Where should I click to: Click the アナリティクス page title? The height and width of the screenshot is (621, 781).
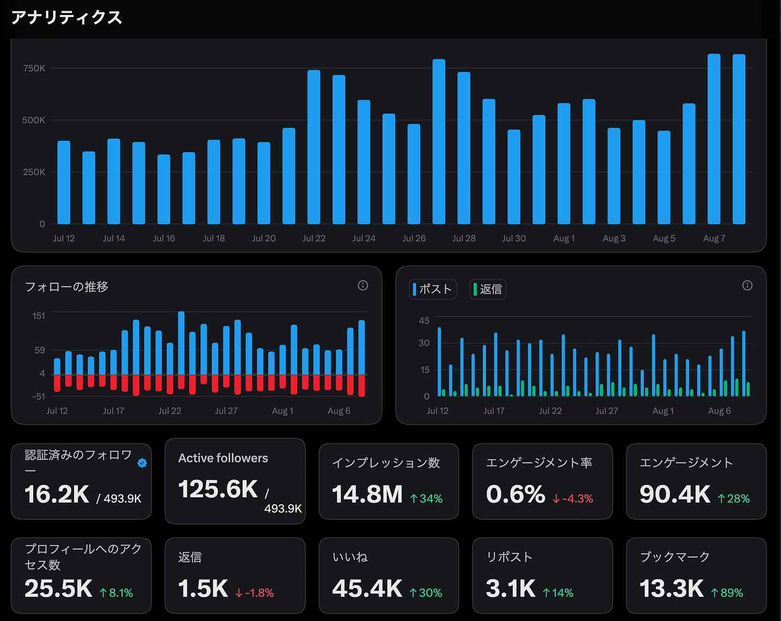click(x=67, y=17)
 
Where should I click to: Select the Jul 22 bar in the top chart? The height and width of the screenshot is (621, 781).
click(x=314, y=147)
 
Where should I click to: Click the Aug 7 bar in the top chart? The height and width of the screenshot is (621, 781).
click(x=714, y=139)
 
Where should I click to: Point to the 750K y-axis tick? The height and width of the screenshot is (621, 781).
click(x=34, y=68)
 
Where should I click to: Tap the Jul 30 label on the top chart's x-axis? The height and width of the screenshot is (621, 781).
click(x=514, y=238)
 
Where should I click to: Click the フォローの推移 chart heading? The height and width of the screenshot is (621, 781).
click(x=67, y=287)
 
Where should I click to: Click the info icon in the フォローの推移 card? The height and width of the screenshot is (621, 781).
click(x=363, y=286)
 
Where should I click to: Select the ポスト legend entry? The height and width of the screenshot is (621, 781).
click(x=432, y=289)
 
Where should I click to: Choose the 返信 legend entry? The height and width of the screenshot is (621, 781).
click(x=488, y=289)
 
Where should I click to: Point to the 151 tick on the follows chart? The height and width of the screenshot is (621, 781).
click(x=39, y=316)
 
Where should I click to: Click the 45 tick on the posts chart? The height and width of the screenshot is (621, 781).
click(x=424, y=320)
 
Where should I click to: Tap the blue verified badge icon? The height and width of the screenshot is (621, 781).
click(x=142, y=463)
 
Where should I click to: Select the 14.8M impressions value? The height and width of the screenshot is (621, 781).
click(x=367, y=494)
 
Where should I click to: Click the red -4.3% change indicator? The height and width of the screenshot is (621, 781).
click(x=573, y=498)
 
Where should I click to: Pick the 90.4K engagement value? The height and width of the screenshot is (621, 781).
click(x=675, y=494)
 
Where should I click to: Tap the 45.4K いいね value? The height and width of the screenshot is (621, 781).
click(x=367, y=588)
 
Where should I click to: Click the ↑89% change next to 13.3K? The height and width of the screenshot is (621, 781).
click(x=727, y=593)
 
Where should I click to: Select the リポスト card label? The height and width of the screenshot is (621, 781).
click(x=509, y=557)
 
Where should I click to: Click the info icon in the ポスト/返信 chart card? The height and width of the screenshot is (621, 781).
click(x=747, y=286)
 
